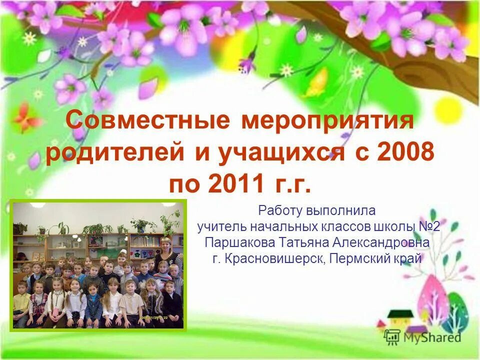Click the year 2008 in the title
coord(405,153)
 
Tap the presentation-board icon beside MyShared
coord(393,336)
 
